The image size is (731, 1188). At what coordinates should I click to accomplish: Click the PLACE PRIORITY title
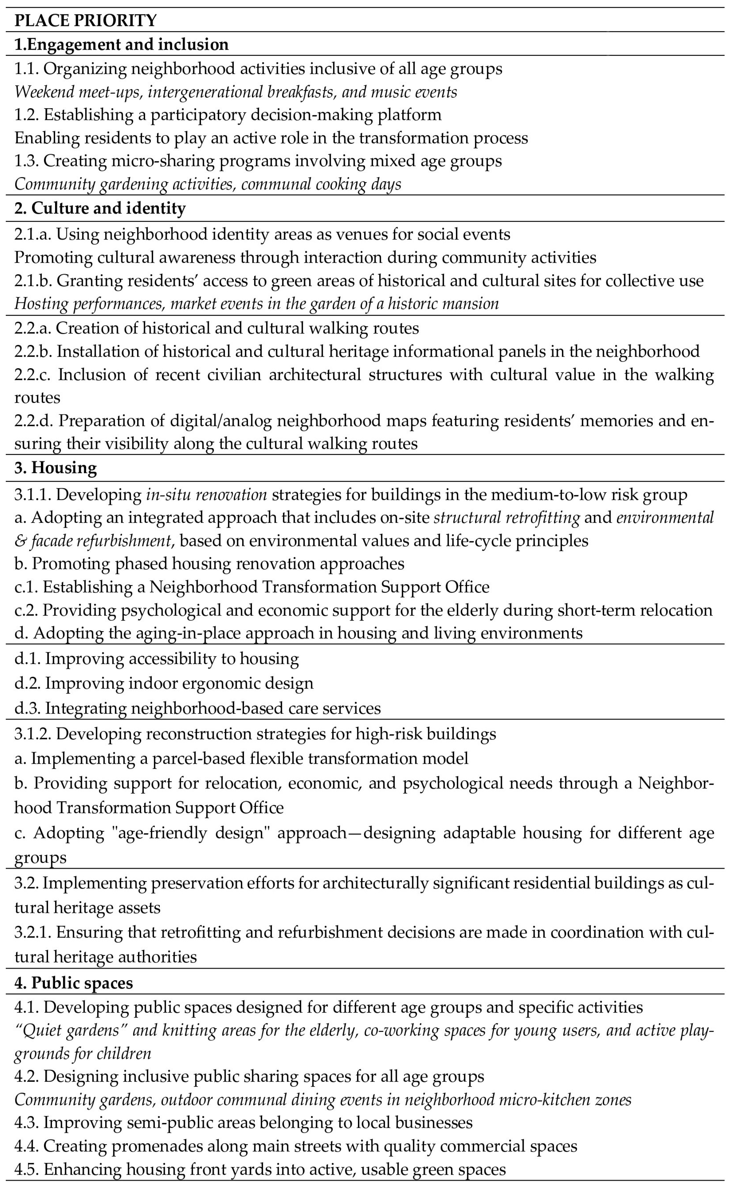(86, 20)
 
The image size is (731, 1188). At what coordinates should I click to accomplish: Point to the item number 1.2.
(27, 115)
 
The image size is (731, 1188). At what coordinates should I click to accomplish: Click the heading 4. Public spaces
(74, 984)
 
